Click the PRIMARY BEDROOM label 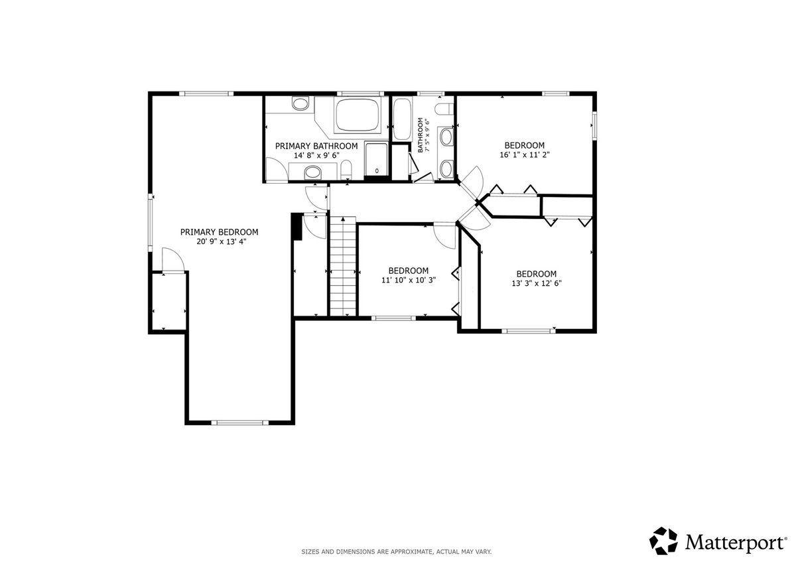220,232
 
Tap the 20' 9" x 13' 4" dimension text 222,242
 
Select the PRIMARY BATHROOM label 316,146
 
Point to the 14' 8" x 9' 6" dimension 316,155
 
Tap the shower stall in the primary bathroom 377,159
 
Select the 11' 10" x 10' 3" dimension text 409,281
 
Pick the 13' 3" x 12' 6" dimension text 537,283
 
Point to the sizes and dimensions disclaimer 397,552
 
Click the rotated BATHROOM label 421,135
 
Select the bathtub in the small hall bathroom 402,119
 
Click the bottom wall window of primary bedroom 239,422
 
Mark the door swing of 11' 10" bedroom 444,235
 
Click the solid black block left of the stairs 297,227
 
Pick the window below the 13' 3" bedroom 528,331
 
